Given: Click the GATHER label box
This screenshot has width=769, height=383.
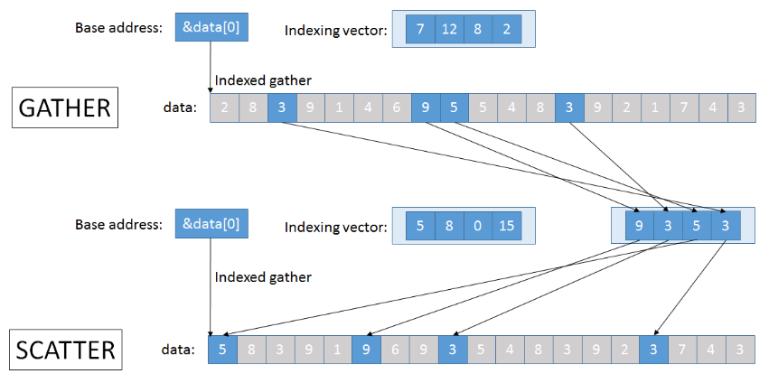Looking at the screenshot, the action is pyautogui.click(x=65, y=107).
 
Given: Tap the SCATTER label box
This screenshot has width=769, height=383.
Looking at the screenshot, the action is pyautogui.click(x=66, y=350).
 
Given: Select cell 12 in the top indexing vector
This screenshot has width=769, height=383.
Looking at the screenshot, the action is pyautogui.click(x=449, y=29).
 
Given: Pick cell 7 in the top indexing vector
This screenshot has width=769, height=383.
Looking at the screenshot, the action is pyautogui.click(x=420, y=29).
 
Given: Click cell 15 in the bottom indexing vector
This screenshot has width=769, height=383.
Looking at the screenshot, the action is pyautogui.click(x=507, y=226).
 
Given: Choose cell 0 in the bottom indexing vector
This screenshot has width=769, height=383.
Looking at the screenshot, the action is pyautogui.click(x=478, y=226).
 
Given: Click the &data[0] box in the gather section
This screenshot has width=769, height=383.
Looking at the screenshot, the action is pyautogui.click(x=211, y=28).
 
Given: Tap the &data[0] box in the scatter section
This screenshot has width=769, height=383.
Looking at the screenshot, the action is pyautogui.click(x=211, y=224).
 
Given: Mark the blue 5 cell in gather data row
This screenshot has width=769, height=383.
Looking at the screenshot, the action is pyautogui.click(x=455, y=107).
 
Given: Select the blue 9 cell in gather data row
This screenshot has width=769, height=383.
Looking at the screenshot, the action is pyautogui.click(x=426, y=107).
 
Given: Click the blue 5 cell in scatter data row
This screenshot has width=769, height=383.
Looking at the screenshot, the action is pyautogui.click(x=222, y=350).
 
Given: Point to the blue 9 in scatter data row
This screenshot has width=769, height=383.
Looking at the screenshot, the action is pyautogui.click(x=366, y=350).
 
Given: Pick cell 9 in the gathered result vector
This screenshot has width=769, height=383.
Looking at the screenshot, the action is pyautogui.click(x=639, y=226).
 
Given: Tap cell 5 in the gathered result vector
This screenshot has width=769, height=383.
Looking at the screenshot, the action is pyautogui.click(x=697, y=226).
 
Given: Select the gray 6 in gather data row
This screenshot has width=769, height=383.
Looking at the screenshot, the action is pyautogui.click(x=397, y=107).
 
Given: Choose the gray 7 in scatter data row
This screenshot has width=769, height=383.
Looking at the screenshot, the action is pyautogui.click(x=682, y=350).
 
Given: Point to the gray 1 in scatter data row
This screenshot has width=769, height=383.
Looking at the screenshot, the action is pyautogui.click(x=337, y=350).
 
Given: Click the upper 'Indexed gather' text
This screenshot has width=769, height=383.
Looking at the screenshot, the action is pyautogui.click(x=263, y=80).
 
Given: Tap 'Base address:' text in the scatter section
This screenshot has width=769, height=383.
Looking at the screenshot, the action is pyautogui.click(x=118, y=225).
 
